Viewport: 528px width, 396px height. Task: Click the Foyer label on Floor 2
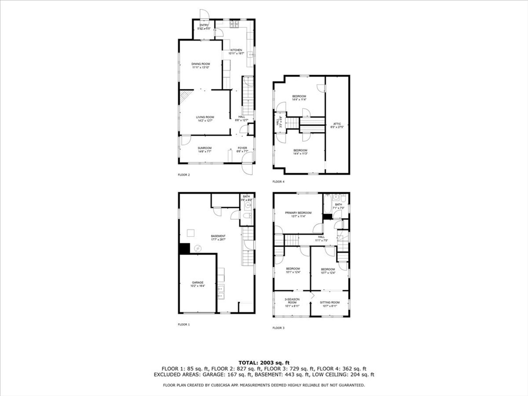(242, 150)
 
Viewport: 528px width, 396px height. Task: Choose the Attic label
(338, 125)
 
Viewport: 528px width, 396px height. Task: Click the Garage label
(198, 284)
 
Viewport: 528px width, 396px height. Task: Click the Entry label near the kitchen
(204, 26)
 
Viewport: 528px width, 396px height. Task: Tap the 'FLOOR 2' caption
(184, 175)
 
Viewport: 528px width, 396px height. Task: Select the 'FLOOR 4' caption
(278, 181)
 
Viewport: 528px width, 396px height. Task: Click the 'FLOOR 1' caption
(184, 324)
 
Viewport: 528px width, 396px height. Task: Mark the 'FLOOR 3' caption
(278, 328)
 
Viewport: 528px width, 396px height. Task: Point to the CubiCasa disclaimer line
(263, 385)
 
